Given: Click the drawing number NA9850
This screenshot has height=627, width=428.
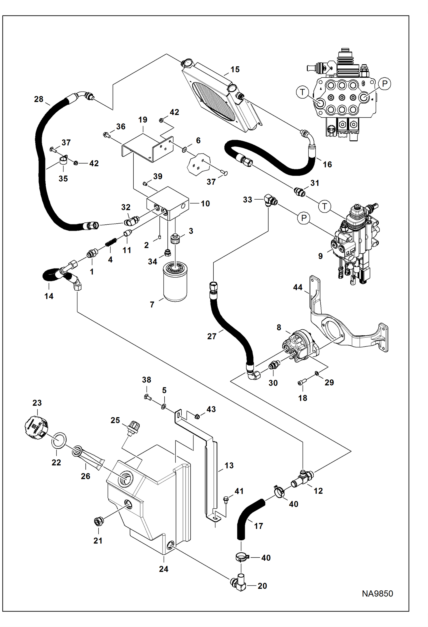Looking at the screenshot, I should [377, 594].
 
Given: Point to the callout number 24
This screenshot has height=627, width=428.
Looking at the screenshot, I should [163, 569].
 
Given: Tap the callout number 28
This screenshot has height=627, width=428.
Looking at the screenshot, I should [39, 99].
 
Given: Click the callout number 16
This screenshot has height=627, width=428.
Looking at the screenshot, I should [327, 164].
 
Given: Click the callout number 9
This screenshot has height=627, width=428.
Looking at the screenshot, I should [320, 256].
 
